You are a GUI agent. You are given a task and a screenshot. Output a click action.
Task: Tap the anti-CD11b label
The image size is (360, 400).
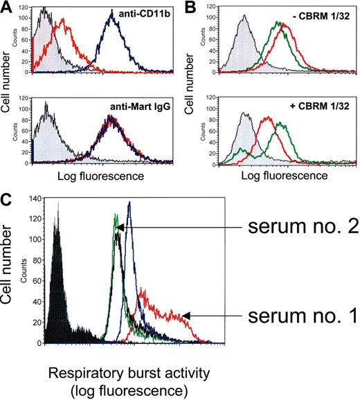[134, 15]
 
